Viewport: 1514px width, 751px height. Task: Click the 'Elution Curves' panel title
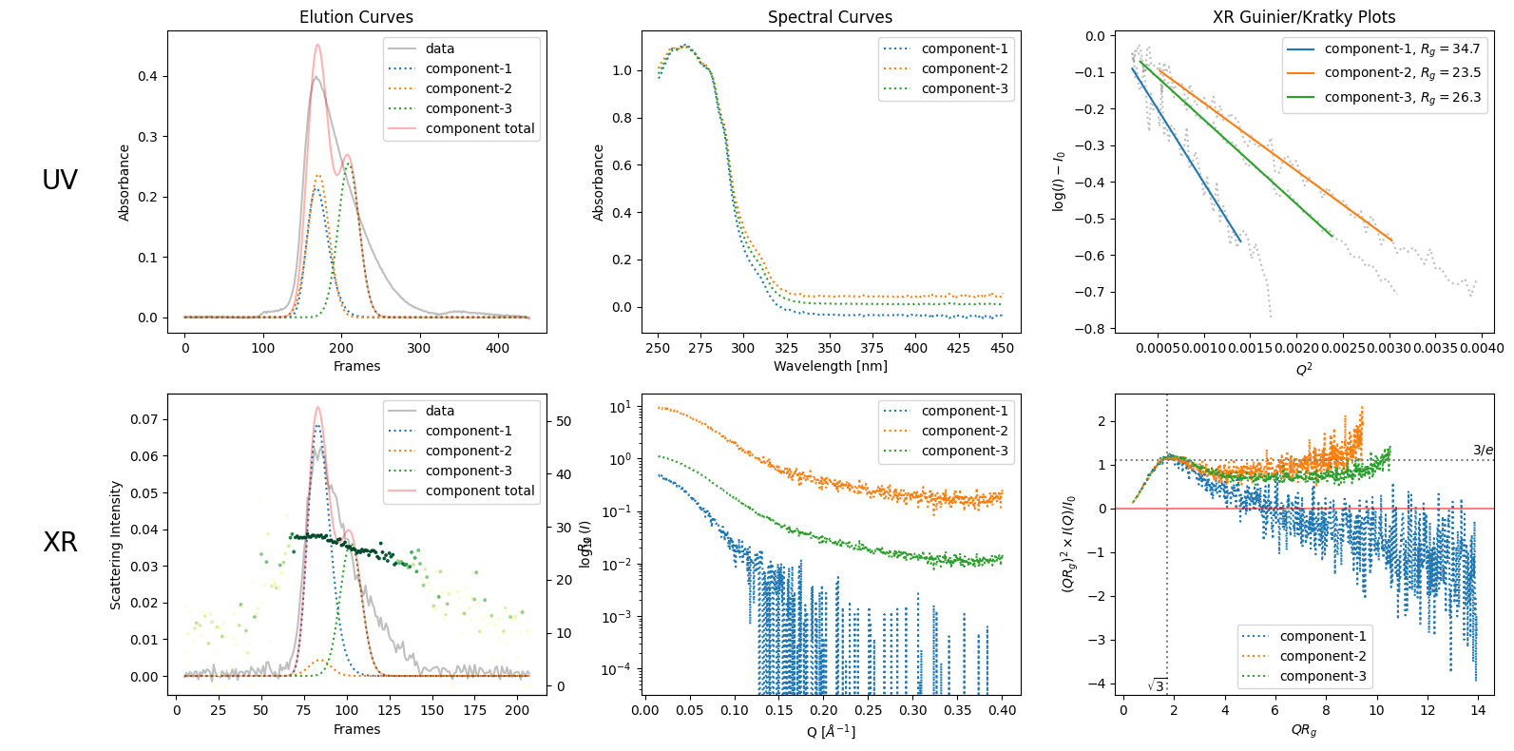pyautogui.click(x=356, y=17)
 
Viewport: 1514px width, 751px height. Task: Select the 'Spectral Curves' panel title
pyautogui.click(x=830, y=17)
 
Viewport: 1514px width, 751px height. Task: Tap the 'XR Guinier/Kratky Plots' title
pyautogui.click(x=1304, y=17)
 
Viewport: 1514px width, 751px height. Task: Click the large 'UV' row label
pyautogui.click(x=60, y=180)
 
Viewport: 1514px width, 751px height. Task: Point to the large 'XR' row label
pyautogui.click(x=60, y=542)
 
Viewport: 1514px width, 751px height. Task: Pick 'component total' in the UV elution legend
pyautogui.click(x=479, y=128)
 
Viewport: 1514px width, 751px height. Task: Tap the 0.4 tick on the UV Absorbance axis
pyautogui.click(x=148, y=76)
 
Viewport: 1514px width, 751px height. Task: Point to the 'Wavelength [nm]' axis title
pyautogui.click(x=830, y=366)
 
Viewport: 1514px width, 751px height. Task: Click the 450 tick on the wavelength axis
pyautogui.click(x=1002, y=348)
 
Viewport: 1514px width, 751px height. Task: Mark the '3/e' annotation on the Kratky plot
pyautogui.click(x=1483, y=450)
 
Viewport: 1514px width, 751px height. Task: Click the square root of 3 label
pyautogui.click(x=1157, y=685)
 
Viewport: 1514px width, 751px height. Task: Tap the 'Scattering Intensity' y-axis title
pyautogui.click(x=116, y=545)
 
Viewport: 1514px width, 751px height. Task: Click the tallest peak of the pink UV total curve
pyautogui.click(x=317, y=45)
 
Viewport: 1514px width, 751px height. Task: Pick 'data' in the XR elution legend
pyautogui.click(x=439, y=411)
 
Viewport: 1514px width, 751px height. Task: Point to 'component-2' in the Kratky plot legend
pyautogui.click(x=1322, y=656)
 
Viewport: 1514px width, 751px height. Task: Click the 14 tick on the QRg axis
pyautogui.click(x=1477, y=710)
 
